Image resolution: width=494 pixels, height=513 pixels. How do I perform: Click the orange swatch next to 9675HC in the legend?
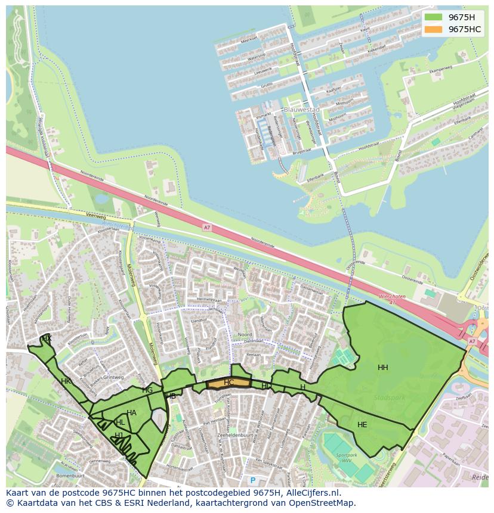[x=434, y=29]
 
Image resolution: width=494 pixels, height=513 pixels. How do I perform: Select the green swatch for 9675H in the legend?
[x=434, y=17]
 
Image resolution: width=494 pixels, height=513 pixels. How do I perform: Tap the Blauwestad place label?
[x=302, y=110]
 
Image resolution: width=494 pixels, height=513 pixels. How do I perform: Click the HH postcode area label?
[x=383, y=368]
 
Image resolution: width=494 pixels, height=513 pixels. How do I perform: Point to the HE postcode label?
[x=362, y=425]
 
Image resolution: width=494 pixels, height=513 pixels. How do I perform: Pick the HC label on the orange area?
[x=229, y=382]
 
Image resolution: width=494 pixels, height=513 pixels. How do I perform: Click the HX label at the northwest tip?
[x=47, y=338]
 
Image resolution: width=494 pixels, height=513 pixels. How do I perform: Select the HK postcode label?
[x=66, y=381]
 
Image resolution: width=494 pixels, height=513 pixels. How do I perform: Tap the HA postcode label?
[x=131, y=413]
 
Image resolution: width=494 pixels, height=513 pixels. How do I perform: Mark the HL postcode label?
[x=120, y=422]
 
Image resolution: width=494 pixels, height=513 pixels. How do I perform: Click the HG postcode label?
[x=147, y=390]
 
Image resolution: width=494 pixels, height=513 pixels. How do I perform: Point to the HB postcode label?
[x=171, y=396]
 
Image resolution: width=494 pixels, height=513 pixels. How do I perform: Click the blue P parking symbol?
[x=252, y=480]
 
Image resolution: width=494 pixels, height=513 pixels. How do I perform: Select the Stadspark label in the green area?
[x=388, y=397]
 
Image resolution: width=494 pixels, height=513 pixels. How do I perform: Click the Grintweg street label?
[x=113, y=377]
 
